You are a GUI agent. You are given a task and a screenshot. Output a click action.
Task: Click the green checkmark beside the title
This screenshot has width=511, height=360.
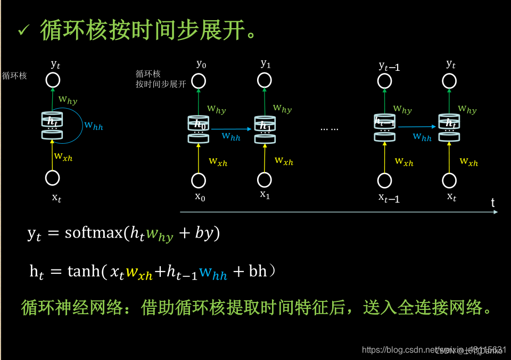point(24,31)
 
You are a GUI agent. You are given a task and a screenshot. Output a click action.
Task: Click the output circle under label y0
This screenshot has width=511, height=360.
point(199,81)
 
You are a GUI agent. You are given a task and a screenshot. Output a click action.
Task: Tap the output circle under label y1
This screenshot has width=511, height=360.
point(265,80)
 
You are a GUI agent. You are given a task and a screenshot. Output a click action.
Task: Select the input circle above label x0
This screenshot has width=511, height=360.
point(199,181)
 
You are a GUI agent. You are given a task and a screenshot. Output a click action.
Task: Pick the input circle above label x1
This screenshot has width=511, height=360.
point(265,180)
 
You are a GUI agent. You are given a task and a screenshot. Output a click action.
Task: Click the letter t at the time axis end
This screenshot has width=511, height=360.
point(493,202)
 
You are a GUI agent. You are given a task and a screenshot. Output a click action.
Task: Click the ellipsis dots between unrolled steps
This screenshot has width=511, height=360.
point(329,128)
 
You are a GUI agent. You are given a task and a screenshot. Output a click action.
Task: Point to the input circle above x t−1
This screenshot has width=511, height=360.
point(384,181)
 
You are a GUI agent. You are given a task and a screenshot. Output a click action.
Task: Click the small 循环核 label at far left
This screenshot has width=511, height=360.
point(14,76)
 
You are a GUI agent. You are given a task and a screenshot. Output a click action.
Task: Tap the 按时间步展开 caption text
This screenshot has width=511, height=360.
point(160,84)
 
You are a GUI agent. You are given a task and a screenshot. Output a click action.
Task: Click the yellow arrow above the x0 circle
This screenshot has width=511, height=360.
point(199,158)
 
